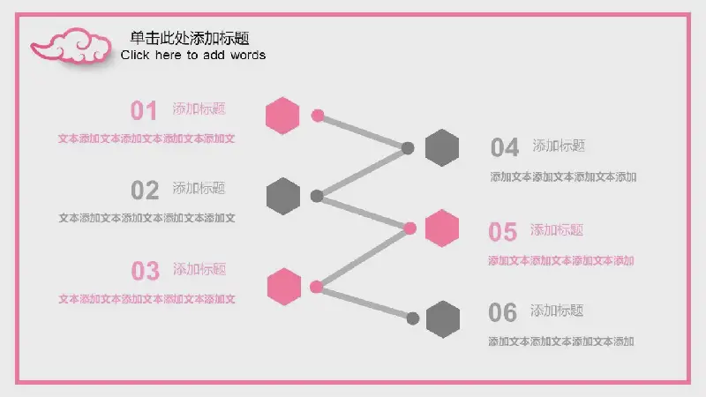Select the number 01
(144, 111)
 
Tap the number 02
(145, 190)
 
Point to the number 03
(145, 271)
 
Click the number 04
(505, 147)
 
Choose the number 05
(502, 232)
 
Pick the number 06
(502, 312)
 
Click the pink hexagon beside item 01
(282, 116)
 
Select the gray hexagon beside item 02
(283, 196)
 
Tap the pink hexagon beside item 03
(283, 287)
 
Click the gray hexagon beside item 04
(442, 147)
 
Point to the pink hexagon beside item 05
(442, 228)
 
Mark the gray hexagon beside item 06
(443, 319)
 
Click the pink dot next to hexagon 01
(318, 116)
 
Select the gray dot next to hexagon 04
(408, 148)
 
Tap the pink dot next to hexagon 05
(409, 228)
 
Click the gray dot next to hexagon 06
(412, 318)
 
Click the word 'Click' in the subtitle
(135, 55)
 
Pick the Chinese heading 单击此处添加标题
(190, 38)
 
